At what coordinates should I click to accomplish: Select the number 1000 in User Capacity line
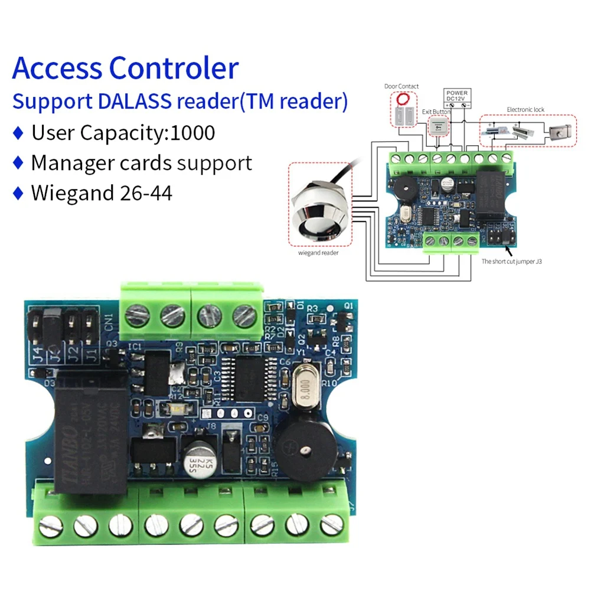(x=192, y=132)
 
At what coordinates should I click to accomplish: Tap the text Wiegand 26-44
(x=102, y=192)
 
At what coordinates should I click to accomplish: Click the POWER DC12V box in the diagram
(x=457, y=97)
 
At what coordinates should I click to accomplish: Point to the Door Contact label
(x=401, y=86)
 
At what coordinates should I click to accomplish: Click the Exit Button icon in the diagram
(x=437, y=125)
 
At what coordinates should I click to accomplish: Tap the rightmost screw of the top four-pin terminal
(x=244, y=316)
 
